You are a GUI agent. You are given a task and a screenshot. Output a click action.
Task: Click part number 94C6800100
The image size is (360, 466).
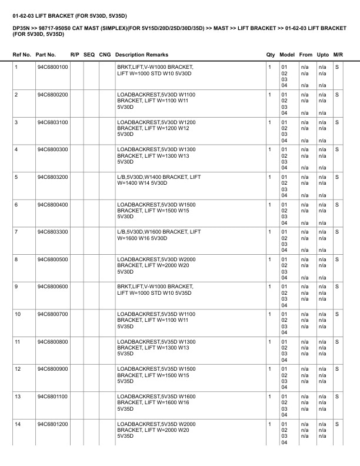[x=52, y=67]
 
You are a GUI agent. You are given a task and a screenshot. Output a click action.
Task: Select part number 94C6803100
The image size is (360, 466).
[x=52, y=122]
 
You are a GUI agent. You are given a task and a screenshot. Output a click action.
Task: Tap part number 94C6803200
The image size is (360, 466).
[x=52, y=177]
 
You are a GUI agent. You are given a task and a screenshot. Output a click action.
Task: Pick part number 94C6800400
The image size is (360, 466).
[x=52, y=204]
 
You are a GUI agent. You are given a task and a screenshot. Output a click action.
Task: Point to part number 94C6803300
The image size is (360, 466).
[x=52, y=232]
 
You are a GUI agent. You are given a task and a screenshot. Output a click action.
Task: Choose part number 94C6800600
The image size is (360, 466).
[x=52, y=287]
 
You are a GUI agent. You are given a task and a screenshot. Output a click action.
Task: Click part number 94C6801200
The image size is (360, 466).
[x=52, y=424]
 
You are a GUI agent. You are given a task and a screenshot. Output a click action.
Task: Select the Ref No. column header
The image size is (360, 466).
[x=22, y=55]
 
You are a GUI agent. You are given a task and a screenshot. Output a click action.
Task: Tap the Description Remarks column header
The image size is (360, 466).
[x=142, y=55]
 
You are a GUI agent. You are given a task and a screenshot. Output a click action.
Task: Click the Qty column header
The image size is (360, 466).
[x=271, y=55]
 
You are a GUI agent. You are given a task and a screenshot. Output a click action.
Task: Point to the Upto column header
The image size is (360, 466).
[x=322, y=55]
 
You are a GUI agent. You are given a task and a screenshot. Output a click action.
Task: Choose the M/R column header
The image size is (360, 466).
[x=338, y=55]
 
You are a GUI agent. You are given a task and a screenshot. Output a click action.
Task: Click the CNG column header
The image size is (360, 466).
[x=105, y=55]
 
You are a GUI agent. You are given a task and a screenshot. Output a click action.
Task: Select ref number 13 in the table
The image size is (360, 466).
[x=18, y=397]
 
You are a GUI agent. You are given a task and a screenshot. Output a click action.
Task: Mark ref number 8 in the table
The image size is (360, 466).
[x=16, y=259]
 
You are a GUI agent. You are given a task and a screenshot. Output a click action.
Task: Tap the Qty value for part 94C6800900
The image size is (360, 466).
[x=269, y=369]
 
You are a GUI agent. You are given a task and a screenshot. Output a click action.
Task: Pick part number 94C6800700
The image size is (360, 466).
[x=52, y=314]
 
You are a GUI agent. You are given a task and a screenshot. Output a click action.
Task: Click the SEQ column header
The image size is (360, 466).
[x=89, y=55]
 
